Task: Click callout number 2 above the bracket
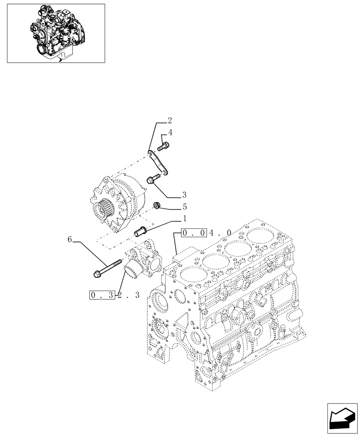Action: coord(170,120)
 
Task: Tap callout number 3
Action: coord(184,194)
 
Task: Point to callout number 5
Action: coord(184,206)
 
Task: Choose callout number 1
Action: coord(184,218)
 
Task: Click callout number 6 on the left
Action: coord(70,239)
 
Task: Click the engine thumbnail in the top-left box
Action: coord(56,33)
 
